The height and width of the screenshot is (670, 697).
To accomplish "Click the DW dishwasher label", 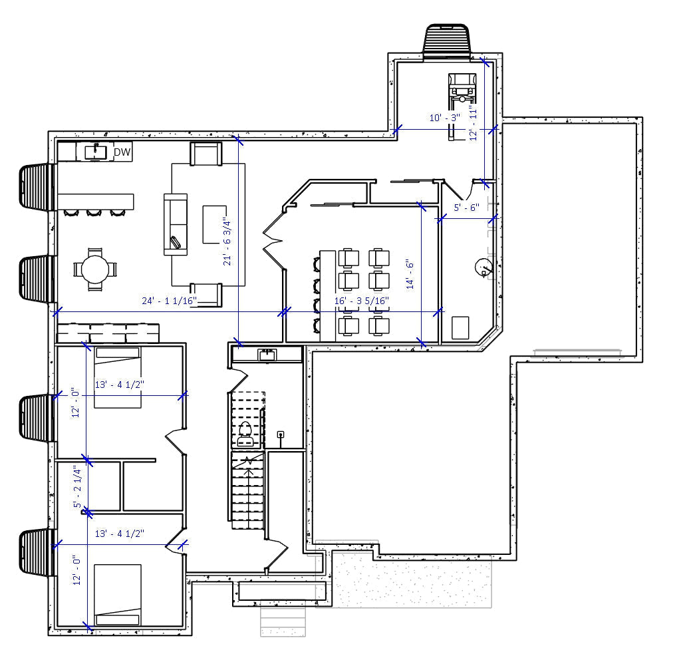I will point(122,152).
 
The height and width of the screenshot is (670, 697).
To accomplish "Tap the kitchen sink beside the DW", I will point(96,152).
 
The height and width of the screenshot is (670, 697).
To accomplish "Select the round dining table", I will point(94,269).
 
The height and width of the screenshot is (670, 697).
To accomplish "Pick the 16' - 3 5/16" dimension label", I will point(361,301).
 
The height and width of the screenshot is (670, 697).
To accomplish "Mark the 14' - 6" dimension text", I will point(410,274).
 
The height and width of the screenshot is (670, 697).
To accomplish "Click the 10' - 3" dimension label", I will point(445,118).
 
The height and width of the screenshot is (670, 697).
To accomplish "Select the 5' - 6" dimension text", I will point(466,208).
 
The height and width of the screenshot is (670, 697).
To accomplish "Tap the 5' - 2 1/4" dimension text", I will point(76,487).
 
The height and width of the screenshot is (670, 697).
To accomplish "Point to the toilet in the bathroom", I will point(245,432).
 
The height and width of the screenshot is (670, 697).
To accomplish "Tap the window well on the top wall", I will point(447,41).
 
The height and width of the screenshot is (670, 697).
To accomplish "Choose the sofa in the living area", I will point(176,224).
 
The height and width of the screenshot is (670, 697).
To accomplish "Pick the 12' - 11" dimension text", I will point(474,122).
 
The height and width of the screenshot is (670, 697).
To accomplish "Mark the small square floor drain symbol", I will point(281,435).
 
